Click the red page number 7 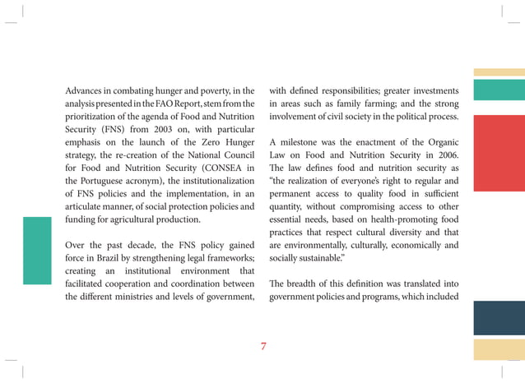click(263, 346)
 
